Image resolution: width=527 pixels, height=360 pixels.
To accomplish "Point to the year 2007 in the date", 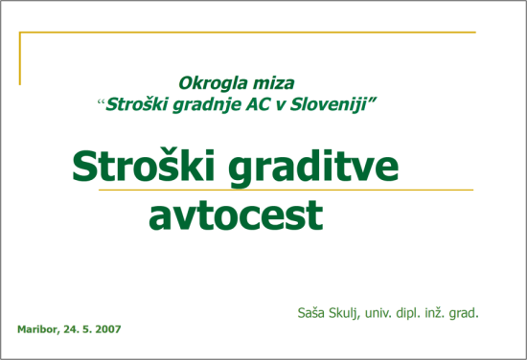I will [106, 328].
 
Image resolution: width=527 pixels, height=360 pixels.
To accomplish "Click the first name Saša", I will [313, 311].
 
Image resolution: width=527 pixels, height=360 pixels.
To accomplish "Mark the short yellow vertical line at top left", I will [20, 57].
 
